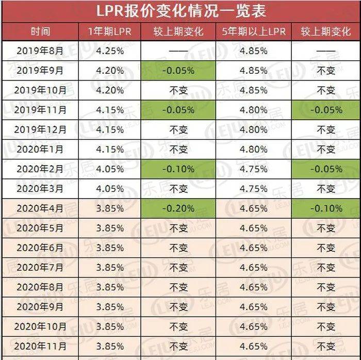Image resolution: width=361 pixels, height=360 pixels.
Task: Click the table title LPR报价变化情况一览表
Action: click(x=180, y=10)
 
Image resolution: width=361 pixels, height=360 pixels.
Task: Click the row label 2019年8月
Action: click(x=40, y=51)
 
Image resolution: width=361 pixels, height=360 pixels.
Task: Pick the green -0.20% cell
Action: click(x=178, y=208)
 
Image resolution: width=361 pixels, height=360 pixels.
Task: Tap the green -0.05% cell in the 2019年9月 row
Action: click(x=178, y=70)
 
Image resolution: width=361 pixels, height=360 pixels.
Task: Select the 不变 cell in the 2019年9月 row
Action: click(x=325, y=70)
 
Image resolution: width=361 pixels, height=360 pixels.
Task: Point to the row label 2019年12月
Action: click(x=40, y=129)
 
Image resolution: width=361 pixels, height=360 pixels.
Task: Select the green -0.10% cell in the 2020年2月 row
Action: click(x=178, y=169)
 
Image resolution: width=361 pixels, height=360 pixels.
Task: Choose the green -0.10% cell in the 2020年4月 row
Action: click(x=325, y=208)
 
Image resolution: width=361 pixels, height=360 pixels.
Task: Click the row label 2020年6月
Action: click(x=40, y=248)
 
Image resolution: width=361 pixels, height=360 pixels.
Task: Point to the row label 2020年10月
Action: click(x=40, y=326)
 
